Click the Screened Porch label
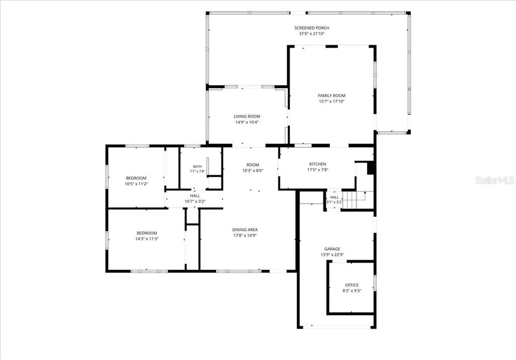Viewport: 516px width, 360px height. (x=311, y=28)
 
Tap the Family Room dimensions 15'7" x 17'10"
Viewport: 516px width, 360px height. (x=332, y=102)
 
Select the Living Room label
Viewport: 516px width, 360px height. (x=247, y=116)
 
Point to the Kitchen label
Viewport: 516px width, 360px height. (x=317, y=164)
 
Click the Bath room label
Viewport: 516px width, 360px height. (x=198, y=167)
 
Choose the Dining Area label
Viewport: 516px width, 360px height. (x=245, y=230)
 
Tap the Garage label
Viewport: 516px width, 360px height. (x=332, y=249)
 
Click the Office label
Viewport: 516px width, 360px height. (x=352, y=285)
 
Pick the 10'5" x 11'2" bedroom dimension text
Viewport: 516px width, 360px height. (x=136, y=184)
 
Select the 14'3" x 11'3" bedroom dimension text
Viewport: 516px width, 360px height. (x=147, y=239)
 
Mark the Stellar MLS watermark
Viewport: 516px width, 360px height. (x=495, y=180)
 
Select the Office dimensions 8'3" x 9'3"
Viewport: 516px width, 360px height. (x=352, y=291)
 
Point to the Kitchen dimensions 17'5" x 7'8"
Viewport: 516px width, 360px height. (x=317, y=170)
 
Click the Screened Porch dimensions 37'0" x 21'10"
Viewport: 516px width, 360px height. (x=311, y=34)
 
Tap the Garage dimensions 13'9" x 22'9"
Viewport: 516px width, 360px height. (x=332, y=255)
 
